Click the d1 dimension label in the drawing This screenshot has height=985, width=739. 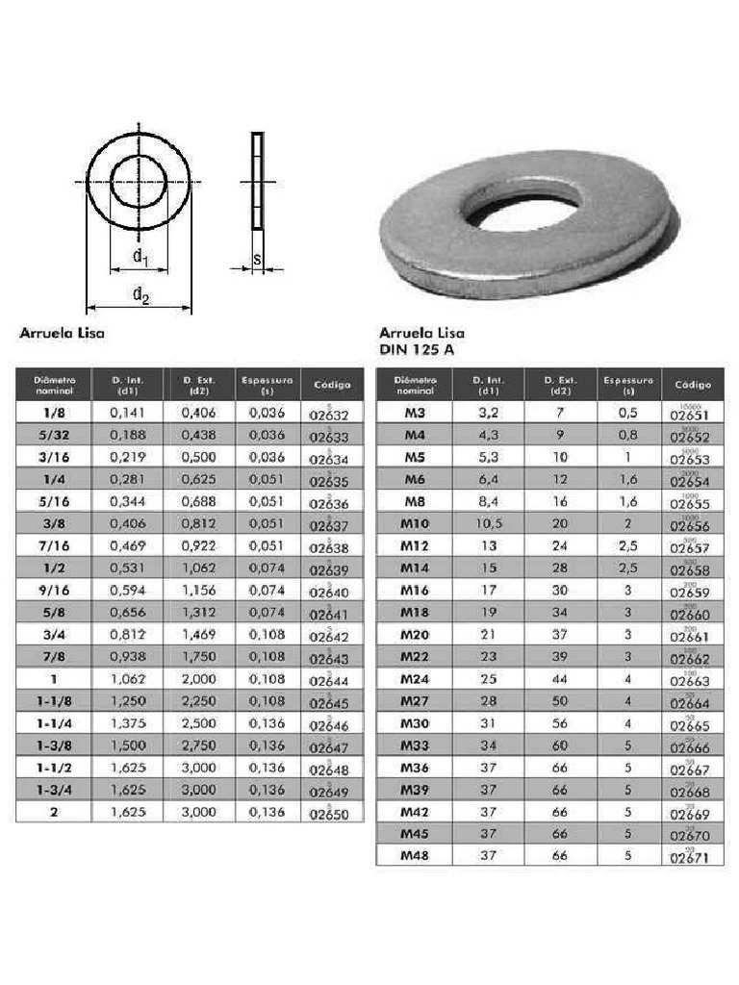click(140, 256)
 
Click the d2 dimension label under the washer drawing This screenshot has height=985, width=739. click(140, 296)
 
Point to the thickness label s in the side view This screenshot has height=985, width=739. click(257, 259)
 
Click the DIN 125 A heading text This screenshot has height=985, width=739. click(417, 350)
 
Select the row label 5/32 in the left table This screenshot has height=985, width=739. click(53, 435)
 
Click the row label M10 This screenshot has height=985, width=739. click(415, 523)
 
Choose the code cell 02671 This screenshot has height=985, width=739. click(690, 856)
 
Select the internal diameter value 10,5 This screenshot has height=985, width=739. click(488, 523)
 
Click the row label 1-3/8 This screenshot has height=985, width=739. click(53, 745)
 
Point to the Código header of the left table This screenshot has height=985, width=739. click(332, 385)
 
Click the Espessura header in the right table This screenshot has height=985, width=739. click(628, 384)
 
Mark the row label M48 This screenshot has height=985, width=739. click(415, 855)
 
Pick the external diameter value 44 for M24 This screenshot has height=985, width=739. click(560, 678)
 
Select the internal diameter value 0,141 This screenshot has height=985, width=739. click(127, 413)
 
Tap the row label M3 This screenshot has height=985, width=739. click(415, 413)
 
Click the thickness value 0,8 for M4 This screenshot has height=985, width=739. click(628, 435)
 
